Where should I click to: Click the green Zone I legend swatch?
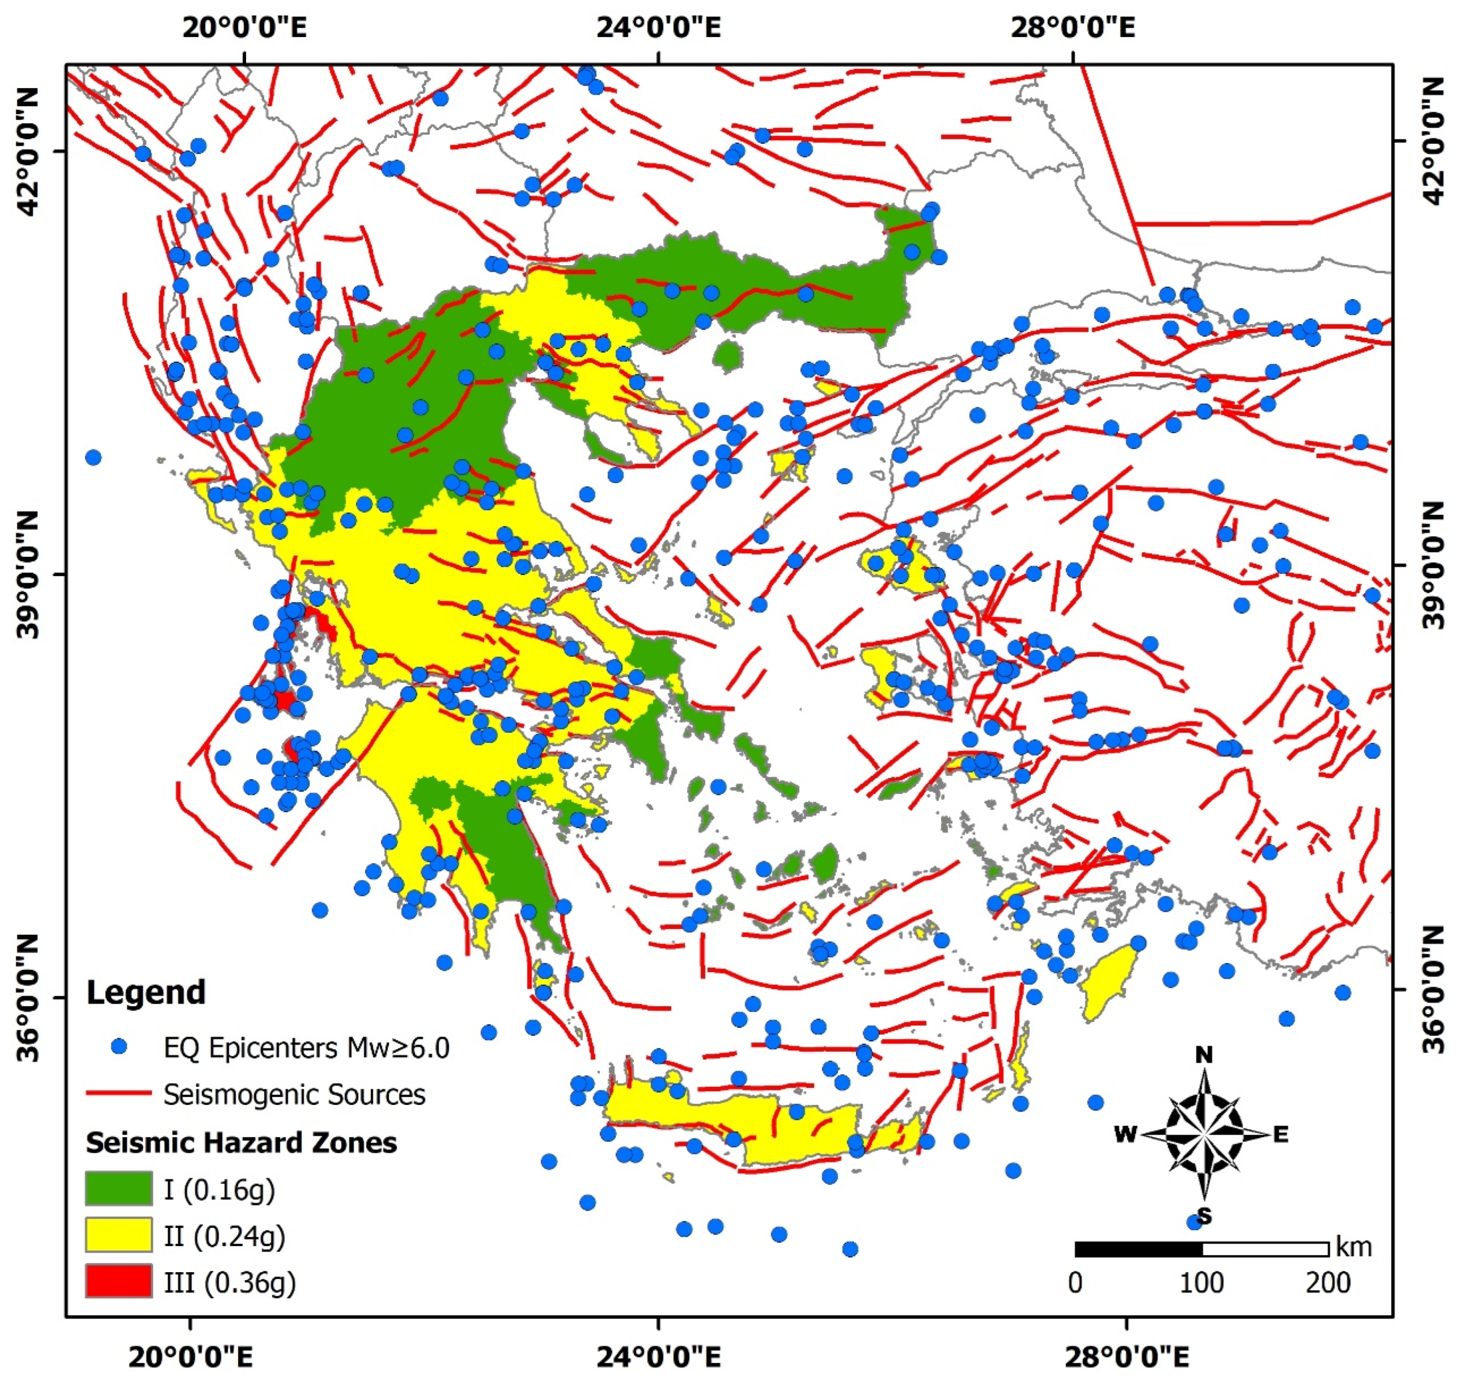pos(118,1189)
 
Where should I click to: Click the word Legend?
pos(145,993)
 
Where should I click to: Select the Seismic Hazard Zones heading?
pos(241,1143)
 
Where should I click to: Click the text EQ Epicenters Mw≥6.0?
pos(306,1047)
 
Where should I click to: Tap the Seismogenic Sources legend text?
pos(294,1094)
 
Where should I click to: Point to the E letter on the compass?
pos(1280,1135)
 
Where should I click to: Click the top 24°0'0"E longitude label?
pos(658,28)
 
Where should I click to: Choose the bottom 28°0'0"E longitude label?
pos(1126,1356)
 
